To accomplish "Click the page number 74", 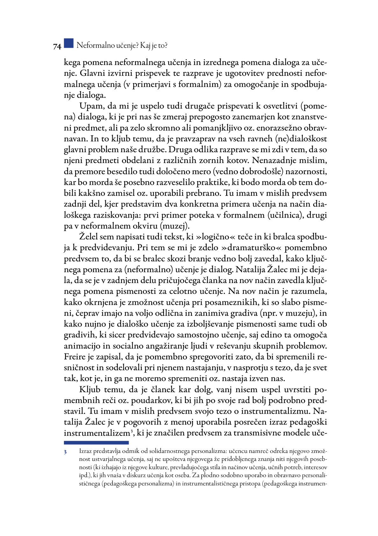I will pyautogui.click(x=57, y=46).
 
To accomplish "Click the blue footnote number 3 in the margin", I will pyautogui.click(x=65, y=452).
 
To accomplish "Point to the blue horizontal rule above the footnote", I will pyautogui.click(x=96, y=442).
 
